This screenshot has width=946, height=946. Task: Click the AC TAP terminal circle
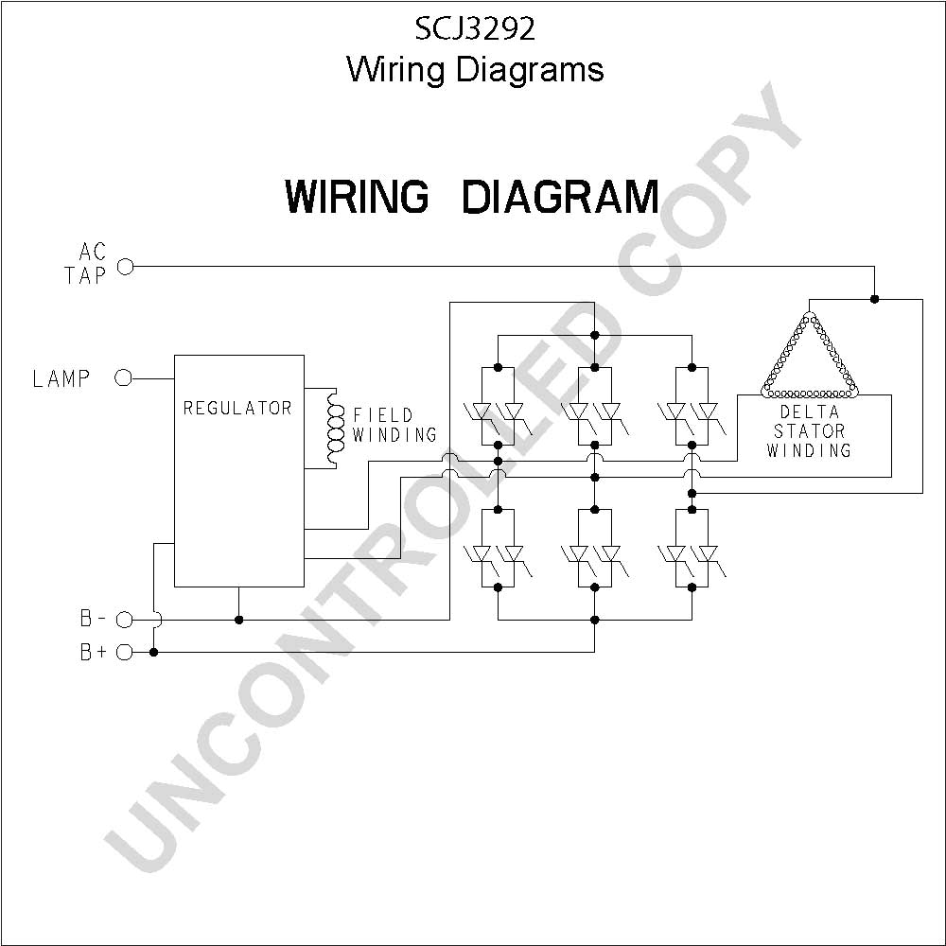pos(125,266)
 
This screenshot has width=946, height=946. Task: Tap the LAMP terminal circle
pos(123,378)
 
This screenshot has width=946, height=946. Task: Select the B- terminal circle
pos(124,620)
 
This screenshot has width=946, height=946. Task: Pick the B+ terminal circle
pos(124,652)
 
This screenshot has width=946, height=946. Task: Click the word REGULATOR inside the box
pos(237,409)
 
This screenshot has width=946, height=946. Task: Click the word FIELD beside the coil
pos(383,415)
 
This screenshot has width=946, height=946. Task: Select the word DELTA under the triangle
pos(810,412)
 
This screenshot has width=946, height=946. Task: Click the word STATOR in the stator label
pos(810,430)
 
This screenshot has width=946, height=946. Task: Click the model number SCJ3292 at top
pos(475,29)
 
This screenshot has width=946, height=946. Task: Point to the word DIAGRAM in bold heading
pos(560,197)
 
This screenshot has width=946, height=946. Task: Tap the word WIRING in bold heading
pos(357,197)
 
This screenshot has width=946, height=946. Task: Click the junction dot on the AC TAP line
pos(875,299)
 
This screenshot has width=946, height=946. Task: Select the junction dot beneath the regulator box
pos(239,620)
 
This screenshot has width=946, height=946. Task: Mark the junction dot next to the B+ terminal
pos(154,652)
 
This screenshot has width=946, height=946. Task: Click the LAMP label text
pos(61,379)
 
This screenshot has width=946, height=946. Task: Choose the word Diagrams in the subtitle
pos(530,71)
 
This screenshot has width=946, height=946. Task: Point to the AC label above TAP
pos(93,252)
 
